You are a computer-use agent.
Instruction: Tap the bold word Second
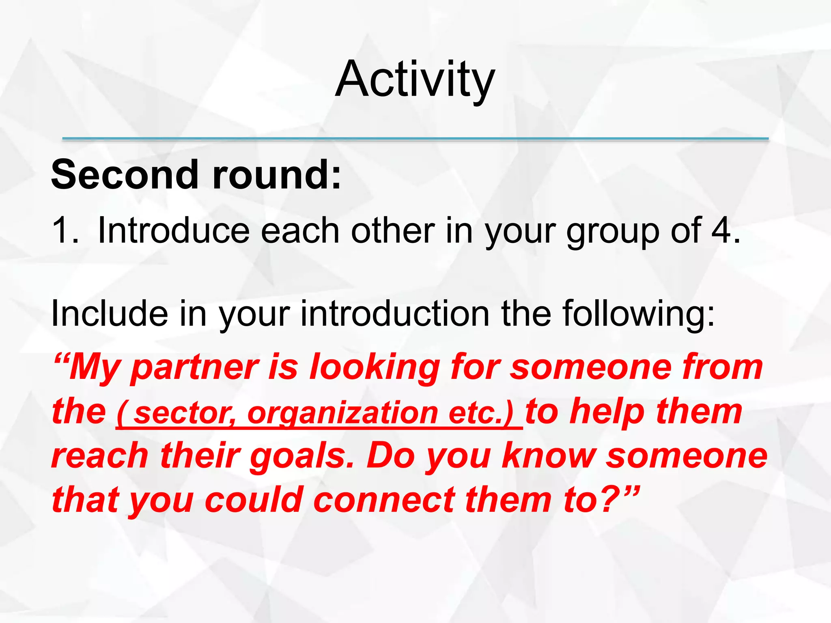(125, 174)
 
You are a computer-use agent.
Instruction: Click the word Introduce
(174, 230)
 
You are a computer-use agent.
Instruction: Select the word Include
(110, 314)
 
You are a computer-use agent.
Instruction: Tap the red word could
(254, 500)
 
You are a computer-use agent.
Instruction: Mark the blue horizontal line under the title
(415, 139)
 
